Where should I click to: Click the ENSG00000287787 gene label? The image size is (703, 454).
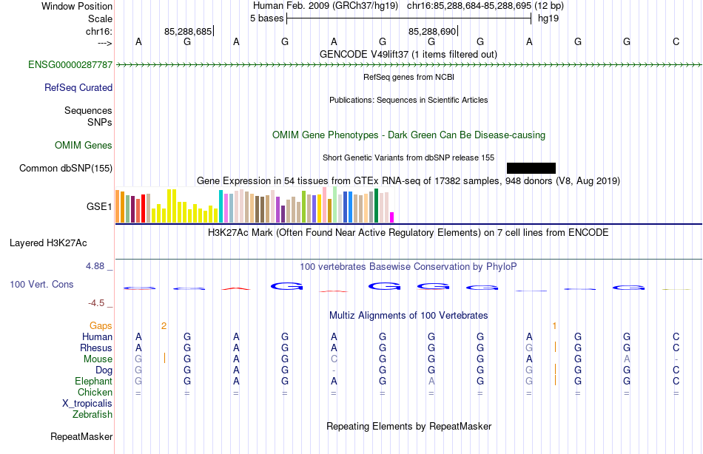tap(70, 65)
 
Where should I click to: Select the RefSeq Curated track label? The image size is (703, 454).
tap(78, 88)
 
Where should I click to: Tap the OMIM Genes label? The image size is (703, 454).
tap(84, 146)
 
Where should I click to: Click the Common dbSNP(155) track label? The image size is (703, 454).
tap(66, 169)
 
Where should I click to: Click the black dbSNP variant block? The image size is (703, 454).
tap(531, 168)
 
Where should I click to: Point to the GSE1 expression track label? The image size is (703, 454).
tap(99, 206)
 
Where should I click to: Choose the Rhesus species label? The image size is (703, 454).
tap(96, 348)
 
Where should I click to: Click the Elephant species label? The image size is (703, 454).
tap(93, 382)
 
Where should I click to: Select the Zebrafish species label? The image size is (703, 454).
tap(92, 415)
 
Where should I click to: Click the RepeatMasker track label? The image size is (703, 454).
tap(81, 437)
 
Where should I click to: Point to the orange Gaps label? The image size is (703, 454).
tap(101, 326)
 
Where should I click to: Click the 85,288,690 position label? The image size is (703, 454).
tap(432, 31)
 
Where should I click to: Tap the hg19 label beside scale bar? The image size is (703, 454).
tap(548, 18)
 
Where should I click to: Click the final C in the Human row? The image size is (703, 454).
tap(676, 337)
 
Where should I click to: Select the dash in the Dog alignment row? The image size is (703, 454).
tap(334, 370)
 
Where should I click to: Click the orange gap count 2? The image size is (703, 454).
tap(164, 326)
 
